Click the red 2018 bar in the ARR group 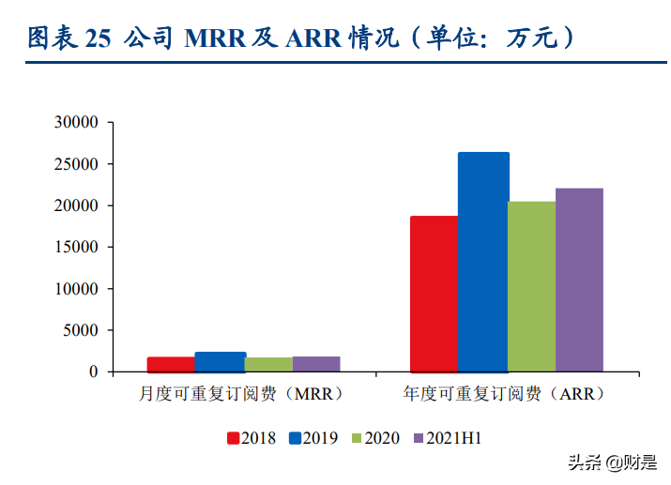(x=434, y=294)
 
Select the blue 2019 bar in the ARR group (x=482, y=262)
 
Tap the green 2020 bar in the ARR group (x=531, y=286)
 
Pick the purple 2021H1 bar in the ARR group (x=579, y=280)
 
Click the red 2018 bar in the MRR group (x=171, y=364)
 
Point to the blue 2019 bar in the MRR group (x=220, y=362)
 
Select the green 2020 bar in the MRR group (x=267, y=364)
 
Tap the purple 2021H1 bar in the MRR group (x=316, y=364)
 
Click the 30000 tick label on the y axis (x=77, y=123)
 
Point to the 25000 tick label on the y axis (x=77, y=164)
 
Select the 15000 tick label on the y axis (x=77, y=248)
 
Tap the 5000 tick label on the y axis (x=81, y=330)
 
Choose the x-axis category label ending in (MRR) (x=242, y=394)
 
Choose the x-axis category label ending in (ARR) (x=507, y=394)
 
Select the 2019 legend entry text (x=318, y=438)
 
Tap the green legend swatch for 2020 (x=356, y=438)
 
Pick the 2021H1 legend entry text (x=455, y=438)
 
